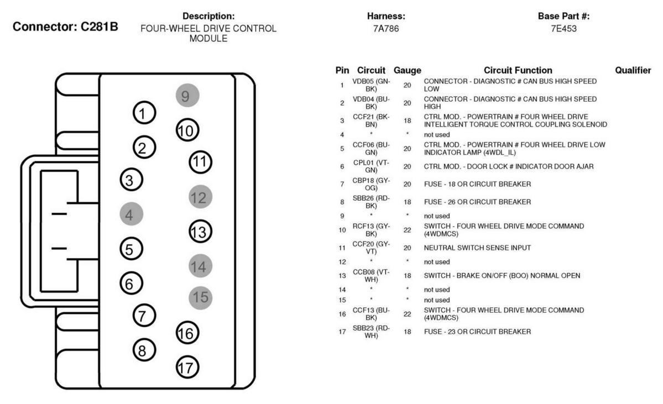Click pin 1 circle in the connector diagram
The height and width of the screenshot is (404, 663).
[x=144, y=113]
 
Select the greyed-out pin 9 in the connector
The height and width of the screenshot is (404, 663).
[x=187, y=96]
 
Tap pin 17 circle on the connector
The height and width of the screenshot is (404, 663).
[x=187, y=367]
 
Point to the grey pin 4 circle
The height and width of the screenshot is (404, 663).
[x=132, y=214]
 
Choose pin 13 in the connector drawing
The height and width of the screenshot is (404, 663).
[x=200, y=232]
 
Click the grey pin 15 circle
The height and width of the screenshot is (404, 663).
[x=200, y=297]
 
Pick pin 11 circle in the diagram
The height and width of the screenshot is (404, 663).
[x=200, y=162]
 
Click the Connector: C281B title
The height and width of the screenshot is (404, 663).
[x=65, y=27]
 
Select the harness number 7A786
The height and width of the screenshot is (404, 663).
[x=385, y=29]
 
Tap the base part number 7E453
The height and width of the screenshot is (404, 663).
[x=563, y=29]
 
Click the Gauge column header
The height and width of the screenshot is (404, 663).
[x=407, y=71]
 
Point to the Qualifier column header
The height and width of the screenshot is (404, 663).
[x=633, y=70]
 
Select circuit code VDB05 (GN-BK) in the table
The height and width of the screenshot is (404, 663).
[x=371, y=85]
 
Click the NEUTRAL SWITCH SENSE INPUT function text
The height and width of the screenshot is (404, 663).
[x=477, y=248]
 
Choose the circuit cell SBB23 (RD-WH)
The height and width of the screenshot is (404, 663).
[x=371, y=332]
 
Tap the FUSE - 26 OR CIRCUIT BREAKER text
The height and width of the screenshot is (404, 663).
[x=477, y=202]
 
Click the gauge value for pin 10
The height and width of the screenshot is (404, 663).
[x=407, y=230]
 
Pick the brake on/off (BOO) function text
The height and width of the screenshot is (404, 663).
[x=502, y=276]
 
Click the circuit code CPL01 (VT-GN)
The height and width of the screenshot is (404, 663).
[x=371, y=166]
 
